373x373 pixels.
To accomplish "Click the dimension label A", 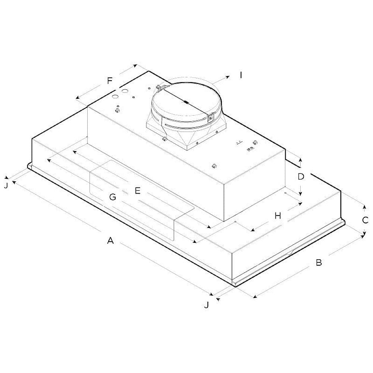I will click(110, 241).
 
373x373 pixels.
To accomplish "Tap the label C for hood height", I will click(366, 220).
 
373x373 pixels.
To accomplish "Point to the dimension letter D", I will click(301, 176).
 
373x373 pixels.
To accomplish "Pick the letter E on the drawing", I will click(137, 191).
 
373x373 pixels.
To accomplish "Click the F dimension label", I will click(109, 80).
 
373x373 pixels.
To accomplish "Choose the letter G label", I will click(113, 197).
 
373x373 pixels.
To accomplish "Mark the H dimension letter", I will click(278, 216).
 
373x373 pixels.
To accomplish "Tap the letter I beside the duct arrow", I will click(241, 75).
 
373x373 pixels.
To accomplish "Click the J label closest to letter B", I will click(206, 305).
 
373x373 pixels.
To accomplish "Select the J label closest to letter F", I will click(6, 185).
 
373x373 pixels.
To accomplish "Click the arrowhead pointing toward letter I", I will click(228, 76).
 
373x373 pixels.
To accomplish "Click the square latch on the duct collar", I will click(210, 118).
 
